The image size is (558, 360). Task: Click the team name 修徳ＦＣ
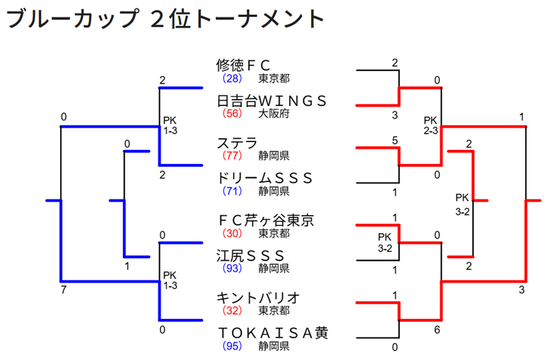tap(243, 66)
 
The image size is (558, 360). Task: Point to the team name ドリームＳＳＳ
tap(264, 177)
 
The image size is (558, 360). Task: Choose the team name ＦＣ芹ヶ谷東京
tap(266, 220)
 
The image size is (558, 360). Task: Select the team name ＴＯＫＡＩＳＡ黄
tap(272, 333)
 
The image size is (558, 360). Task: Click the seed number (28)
tap(232, 78)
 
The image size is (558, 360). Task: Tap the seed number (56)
tap(232, 112)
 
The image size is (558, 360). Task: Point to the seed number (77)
tap(232, 156)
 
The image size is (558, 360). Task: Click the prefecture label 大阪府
tap(274, 112)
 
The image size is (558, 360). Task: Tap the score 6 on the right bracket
tap(437, 330)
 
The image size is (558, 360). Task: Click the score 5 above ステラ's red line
tap(395, 141)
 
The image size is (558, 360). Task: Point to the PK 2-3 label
tap(430, 125)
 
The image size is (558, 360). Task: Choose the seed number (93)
tap(232, 267)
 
